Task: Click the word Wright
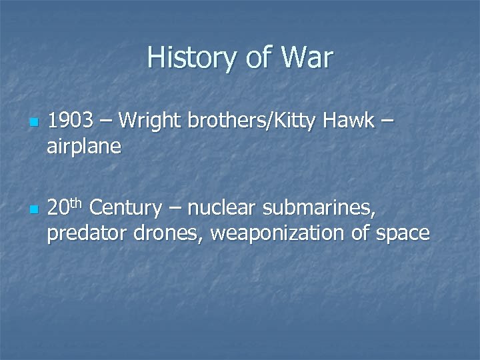click(155, 123)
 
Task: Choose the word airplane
click(84, 146)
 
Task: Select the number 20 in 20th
click(58, 209)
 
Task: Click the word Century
click(125, 209)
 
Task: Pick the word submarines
click(318, 209)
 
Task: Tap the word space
click(402, 235)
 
